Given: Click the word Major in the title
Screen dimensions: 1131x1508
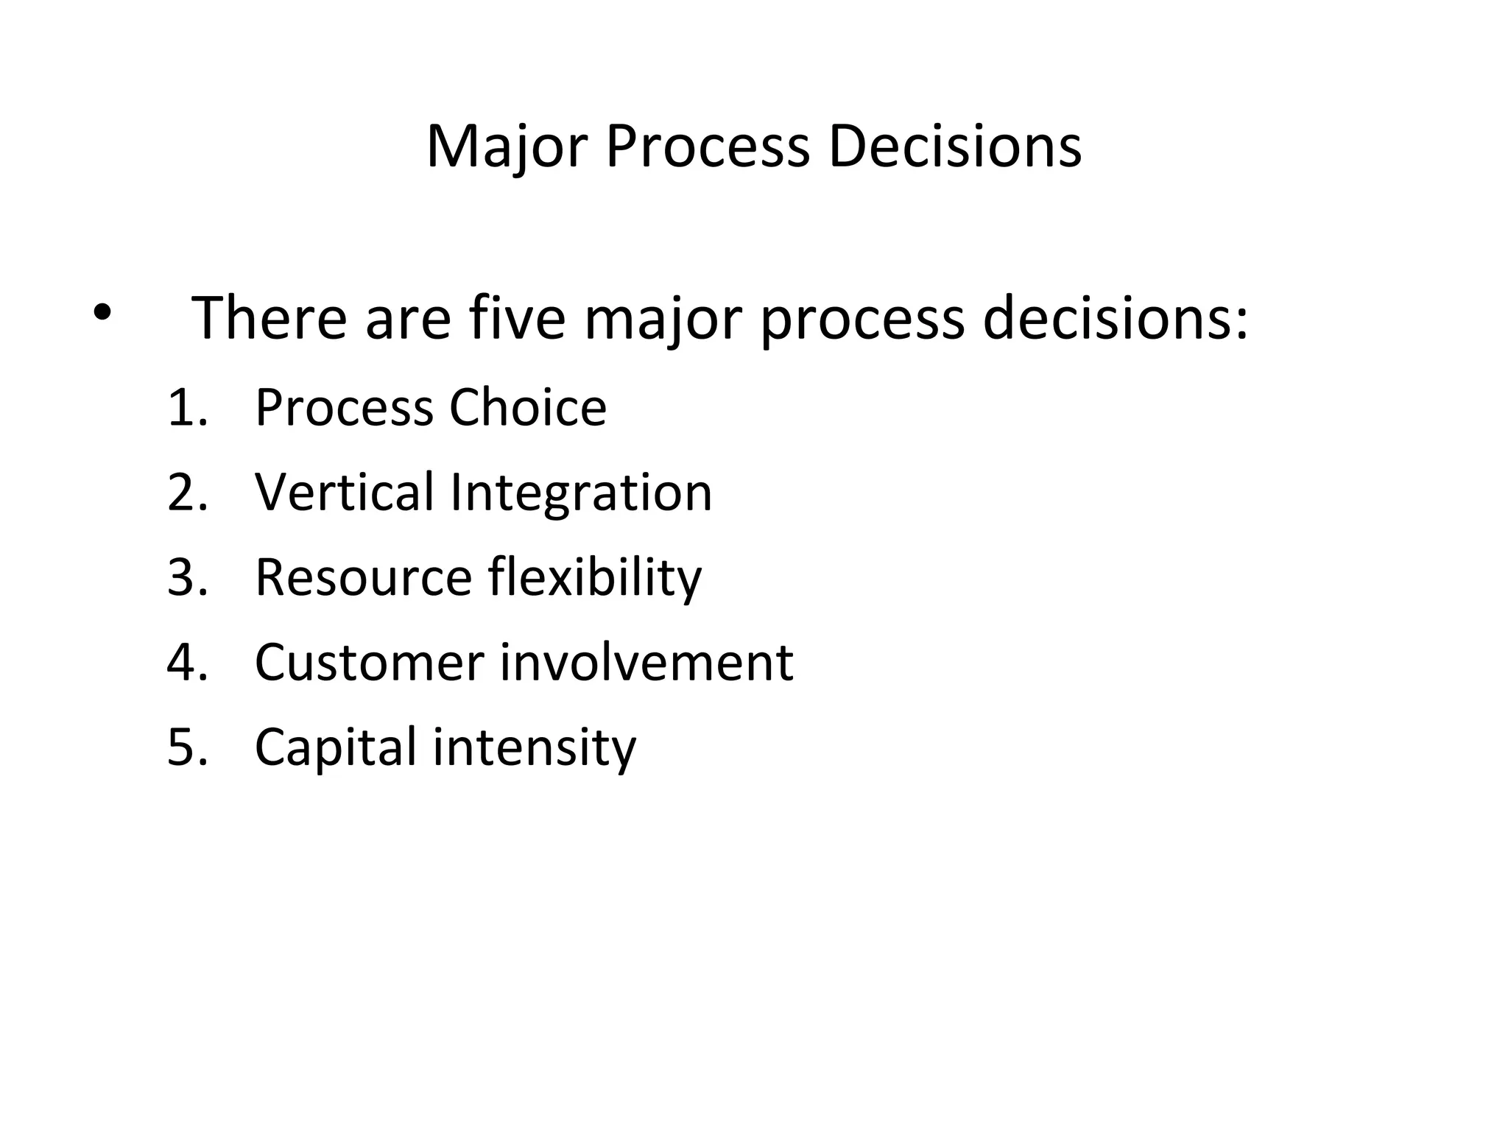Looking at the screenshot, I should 507,147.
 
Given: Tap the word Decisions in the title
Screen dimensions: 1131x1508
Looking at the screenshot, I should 955,147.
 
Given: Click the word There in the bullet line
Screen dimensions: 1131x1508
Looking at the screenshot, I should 269,318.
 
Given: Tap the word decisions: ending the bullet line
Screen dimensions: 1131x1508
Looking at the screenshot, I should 1116,318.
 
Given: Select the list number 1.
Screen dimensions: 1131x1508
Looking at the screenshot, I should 186,408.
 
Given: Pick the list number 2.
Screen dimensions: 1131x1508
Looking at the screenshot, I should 186,493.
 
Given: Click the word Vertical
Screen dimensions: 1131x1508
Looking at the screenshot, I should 344,492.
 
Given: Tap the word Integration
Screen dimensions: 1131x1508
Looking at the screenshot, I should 581,493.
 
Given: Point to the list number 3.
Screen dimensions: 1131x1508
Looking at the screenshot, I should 186,577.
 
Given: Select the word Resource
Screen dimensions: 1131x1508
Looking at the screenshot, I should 363,577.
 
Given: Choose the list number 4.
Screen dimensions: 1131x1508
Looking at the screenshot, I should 186,663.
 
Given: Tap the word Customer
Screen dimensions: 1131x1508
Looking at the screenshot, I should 369,663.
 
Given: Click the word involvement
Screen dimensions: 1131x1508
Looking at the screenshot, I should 646,663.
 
